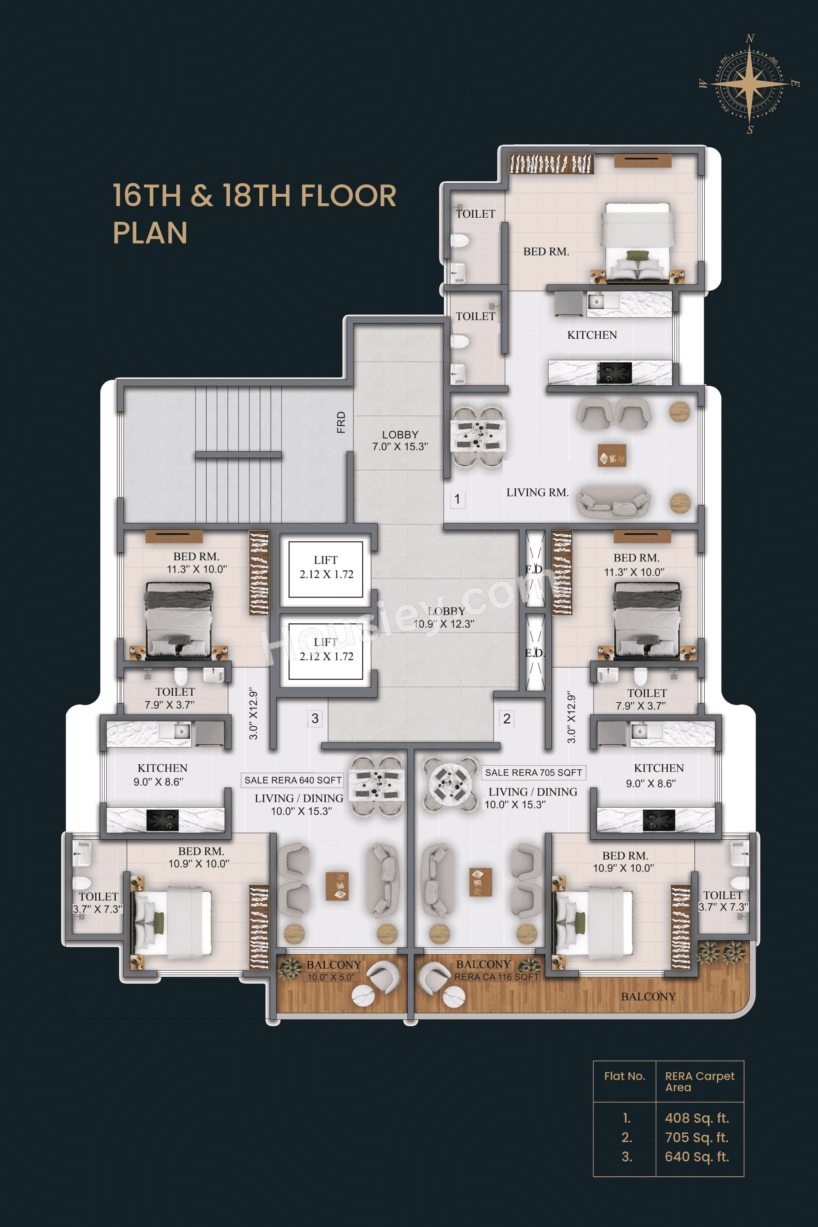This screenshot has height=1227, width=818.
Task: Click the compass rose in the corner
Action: (750, 83)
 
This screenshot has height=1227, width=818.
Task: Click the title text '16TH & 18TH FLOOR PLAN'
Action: (254, 213)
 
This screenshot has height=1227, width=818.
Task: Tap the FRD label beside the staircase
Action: (341, 422)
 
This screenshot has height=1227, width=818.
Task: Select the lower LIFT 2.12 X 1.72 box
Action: (326, 651)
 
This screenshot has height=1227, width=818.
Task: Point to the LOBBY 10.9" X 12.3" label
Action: (445, 617)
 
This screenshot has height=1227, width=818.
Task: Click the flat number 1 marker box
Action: (457, 499)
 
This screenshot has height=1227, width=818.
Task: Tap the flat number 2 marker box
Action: (507, 718)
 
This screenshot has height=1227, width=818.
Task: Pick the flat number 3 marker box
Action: (315, 718)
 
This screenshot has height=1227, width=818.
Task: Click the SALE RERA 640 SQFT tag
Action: (293, 780)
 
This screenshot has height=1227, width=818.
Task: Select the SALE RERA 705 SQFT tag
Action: (533, 772)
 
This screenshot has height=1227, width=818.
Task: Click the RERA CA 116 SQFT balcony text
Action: (496, 977)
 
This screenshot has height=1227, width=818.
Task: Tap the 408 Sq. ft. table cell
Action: (697, 1118)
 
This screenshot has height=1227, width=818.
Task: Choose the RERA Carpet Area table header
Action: (699, 1081)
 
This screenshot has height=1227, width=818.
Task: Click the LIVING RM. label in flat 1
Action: (537, 492)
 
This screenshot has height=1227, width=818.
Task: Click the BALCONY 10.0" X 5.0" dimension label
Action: (331, 977)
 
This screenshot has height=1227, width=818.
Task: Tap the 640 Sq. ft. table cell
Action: (697, 1157)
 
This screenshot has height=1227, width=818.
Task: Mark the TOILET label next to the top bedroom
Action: (475, 214)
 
